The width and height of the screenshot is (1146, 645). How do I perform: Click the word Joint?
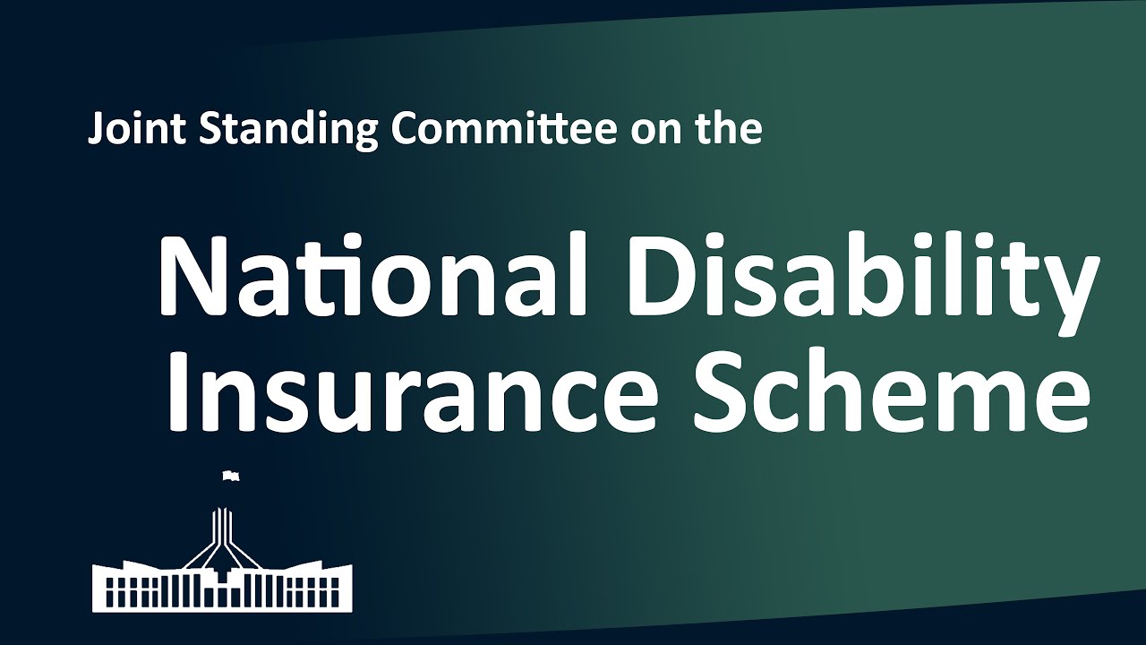137,130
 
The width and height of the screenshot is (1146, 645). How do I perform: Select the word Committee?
504,130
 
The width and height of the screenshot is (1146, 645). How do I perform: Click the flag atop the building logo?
230,476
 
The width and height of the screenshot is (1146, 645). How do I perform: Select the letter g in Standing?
366,135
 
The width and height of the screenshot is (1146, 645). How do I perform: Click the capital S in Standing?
209,130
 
